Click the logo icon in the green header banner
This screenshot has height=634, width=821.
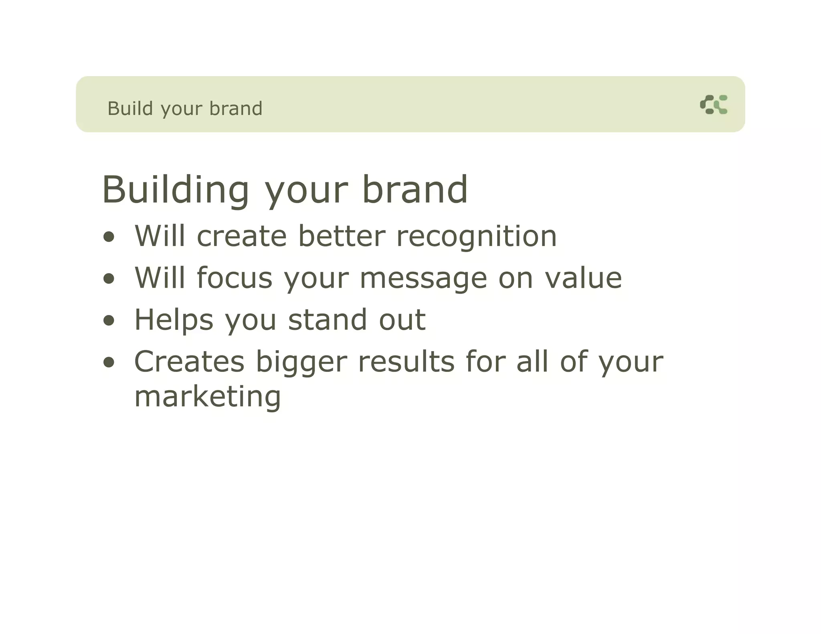714,105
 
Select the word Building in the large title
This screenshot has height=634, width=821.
176,190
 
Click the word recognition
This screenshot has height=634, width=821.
476,236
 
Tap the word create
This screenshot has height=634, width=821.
242,236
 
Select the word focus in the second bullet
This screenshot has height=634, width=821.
235,278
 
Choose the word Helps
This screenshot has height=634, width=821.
174,320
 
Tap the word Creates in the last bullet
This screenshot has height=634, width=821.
189,361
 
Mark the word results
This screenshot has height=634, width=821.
406,361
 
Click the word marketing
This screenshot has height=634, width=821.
208,397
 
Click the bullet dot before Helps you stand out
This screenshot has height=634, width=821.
109,321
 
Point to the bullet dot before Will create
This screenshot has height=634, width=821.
109,237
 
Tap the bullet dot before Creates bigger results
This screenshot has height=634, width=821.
109,362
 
